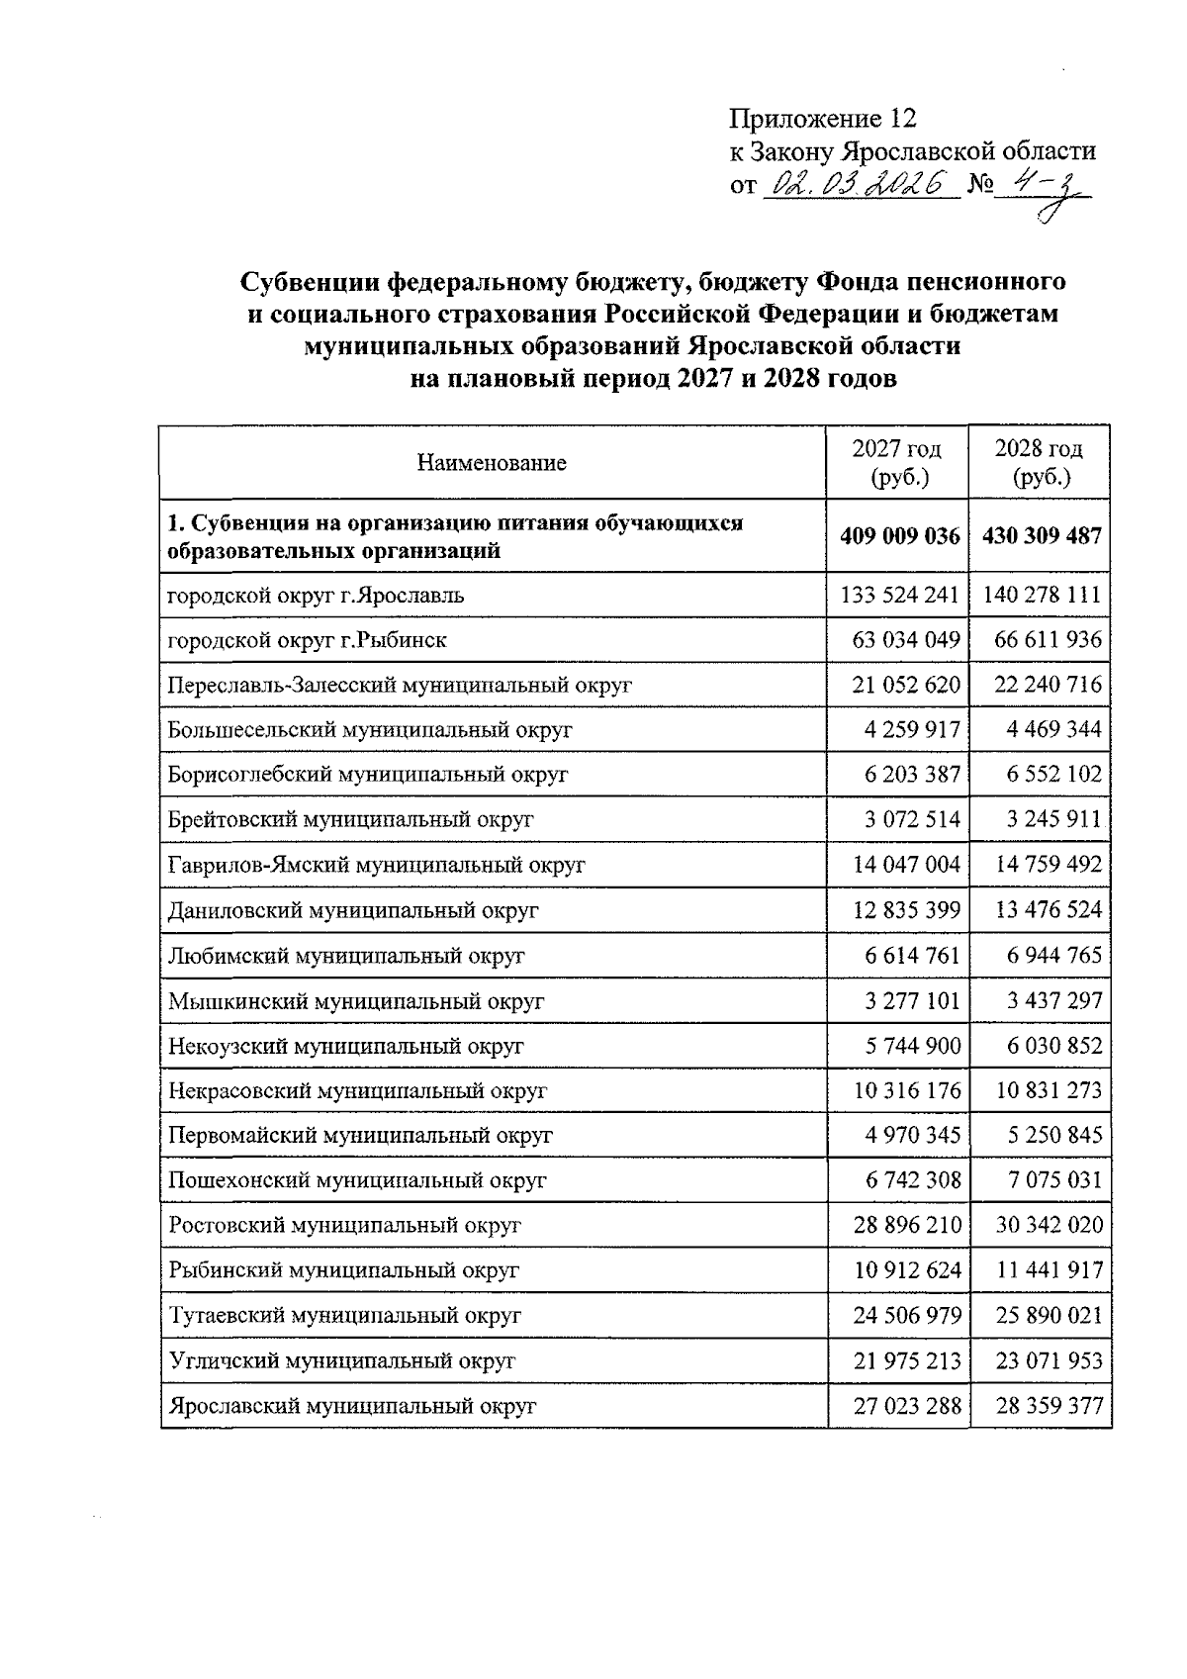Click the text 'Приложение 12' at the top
823,120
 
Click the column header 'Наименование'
492,463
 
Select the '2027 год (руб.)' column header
897,463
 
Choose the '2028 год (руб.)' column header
1039,463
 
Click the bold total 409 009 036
899,536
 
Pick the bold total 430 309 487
1042,536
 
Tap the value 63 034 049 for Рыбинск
906,640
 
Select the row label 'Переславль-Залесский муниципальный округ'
400,685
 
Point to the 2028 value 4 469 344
1053,730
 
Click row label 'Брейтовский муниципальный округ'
350,820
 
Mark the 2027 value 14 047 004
906,865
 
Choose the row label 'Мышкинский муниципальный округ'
356,1001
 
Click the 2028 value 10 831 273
1048,1090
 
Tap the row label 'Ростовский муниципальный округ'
344,1226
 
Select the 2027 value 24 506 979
906,1316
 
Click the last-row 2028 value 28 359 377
1049,1406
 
